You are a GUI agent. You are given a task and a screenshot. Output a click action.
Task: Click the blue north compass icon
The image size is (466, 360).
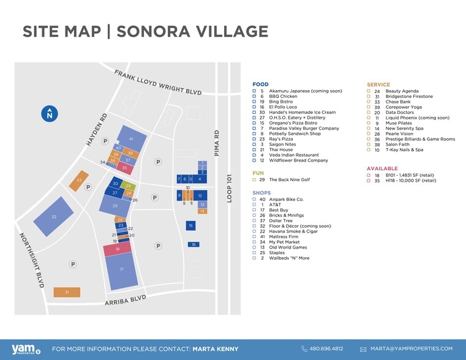tap(50, 114)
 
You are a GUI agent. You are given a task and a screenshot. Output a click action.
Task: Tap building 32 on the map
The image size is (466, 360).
tap(54, 217)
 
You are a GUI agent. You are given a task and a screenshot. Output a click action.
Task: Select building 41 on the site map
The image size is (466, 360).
tap(130, 139)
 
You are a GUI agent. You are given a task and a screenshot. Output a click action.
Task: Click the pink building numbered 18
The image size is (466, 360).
tap(117, 249)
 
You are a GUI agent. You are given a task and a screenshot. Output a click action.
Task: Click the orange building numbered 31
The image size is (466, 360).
tap(67, 293)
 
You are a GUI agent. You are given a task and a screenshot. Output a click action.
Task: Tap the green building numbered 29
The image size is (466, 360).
tap(128, 186)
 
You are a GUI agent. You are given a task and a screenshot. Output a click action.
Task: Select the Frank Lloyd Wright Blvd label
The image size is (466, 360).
tap(157, 81)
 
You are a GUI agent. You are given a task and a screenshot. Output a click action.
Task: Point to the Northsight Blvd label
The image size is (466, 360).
tap(31, 260)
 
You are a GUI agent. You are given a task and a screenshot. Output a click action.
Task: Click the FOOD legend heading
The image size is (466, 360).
tap(260, 84)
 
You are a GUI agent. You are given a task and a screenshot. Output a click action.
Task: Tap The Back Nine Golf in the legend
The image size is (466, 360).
tap(290, 180)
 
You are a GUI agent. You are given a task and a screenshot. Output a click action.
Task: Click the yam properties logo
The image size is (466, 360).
tap(24, 348)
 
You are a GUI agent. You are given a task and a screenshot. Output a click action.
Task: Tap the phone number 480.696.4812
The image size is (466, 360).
tap(326, 348)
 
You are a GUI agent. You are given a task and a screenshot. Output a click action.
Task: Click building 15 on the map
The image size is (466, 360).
tap(191, 226)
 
